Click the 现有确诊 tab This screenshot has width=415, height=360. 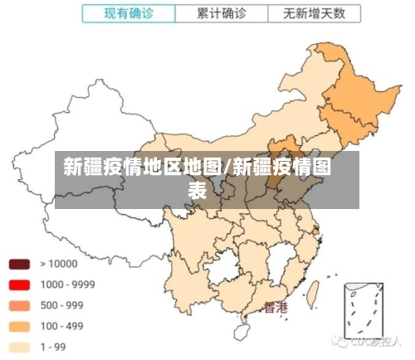(129, 13)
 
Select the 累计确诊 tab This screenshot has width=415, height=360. (221, 13)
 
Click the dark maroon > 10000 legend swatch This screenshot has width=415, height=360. (20, 264)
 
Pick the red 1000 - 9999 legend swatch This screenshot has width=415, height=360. (20, 285)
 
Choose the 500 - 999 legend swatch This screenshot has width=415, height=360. (20, 305)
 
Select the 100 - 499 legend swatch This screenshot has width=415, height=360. (20, 326)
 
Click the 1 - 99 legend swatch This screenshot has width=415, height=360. (20, 347)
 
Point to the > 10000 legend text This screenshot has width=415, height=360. (58, 264)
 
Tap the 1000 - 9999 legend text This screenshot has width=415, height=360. (67, 285)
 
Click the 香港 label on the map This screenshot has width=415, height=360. (276, 308)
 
